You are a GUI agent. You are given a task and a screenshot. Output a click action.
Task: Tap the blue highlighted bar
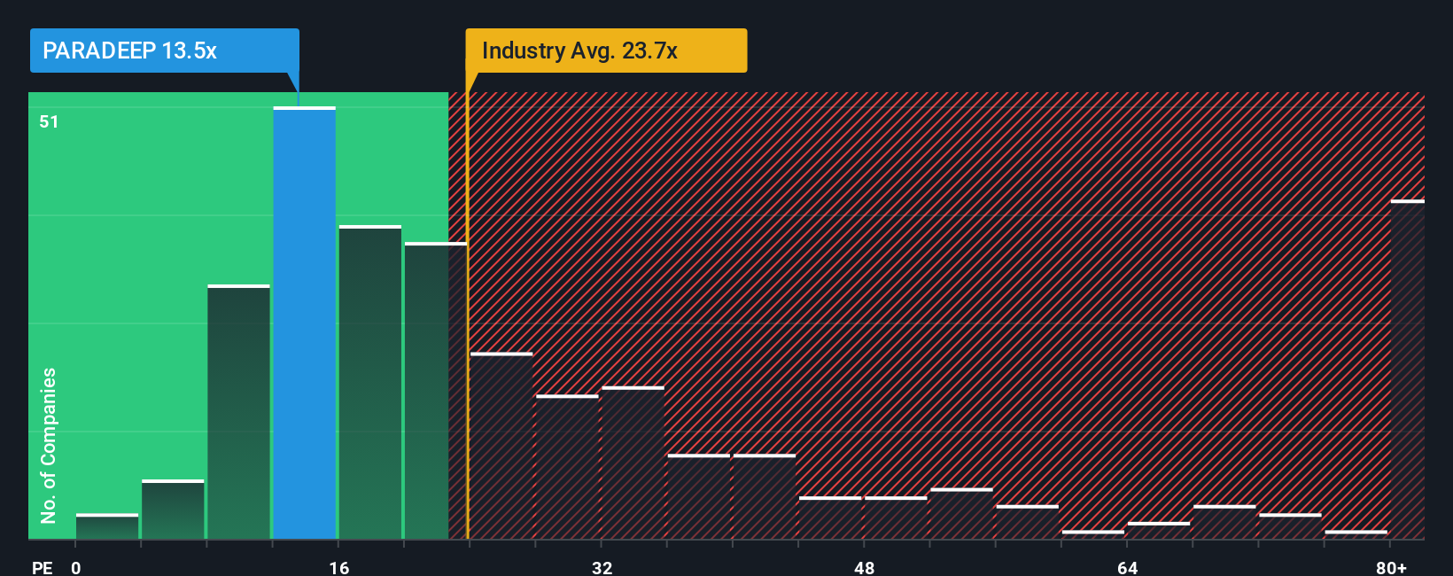[304, 323]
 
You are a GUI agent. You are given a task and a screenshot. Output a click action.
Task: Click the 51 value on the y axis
[49, 121]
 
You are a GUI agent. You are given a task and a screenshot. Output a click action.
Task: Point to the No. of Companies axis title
[49, 445]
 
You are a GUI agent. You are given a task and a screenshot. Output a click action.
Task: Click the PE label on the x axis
[42, 567]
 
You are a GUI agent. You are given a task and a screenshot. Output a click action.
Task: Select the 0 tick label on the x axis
[76, 567]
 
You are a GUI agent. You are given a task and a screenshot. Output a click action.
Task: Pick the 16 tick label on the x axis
[339, 567]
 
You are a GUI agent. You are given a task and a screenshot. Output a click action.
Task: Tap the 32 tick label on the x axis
[602, 567]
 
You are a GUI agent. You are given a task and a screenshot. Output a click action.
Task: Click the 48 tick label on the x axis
[864, 567]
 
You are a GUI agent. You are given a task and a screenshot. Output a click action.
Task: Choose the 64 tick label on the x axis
[1127, 567]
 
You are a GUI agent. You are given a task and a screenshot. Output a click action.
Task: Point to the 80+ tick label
[1391, 567]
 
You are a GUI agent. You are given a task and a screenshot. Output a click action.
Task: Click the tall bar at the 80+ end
[1407, 370]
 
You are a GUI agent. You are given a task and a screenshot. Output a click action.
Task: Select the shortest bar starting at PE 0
[107, 527]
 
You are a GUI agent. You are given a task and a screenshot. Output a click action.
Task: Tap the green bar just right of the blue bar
[369, 383]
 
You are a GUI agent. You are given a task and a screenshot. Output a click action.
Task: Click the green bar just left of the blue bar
[238, 412]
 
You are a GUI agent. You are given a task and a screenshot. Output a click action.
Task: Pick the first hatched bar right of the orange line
[501, 447]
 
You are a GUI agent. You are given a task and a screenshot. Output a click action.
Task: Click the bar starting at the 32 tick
[633, 463]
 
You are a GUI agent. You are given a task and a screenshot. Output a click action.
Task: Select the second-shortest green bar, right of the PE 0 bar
[173, 510]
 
